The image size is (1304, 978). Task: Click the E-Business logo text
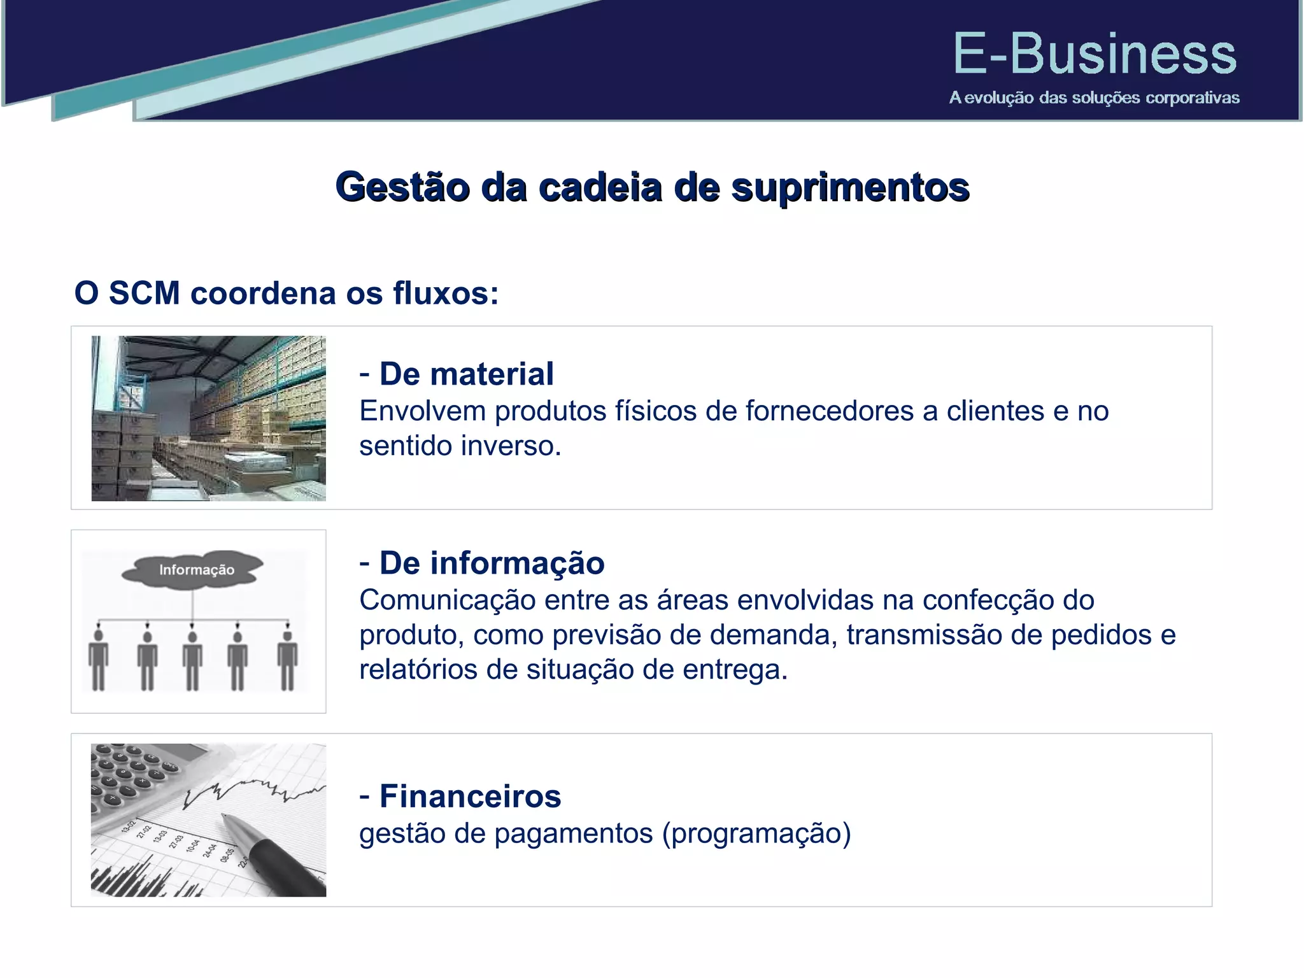click(x=1095, y=54)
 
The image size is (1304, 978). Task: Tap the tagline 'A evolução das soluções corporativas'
click(x=1094, y=98)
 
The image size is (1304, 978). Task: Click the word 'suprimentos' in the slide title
click(x=850, y=188)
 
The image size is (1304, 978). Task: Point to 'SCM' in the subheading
click(x=145, y=294)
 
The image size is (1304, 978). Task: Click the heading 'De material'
click(x=466, y=374)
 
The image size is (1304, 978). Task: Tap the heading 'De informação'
click(x=492, y=563)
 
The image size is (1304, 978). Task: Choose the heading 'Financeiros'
click(x=470, y=797)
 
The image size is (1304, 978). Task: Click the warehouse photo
click(x=209, y=418)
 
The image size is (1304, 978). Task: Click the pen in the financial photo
click(x=274, y=853)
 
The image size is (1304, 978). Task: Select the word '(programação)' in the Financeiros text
click(x=756, y=833)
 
